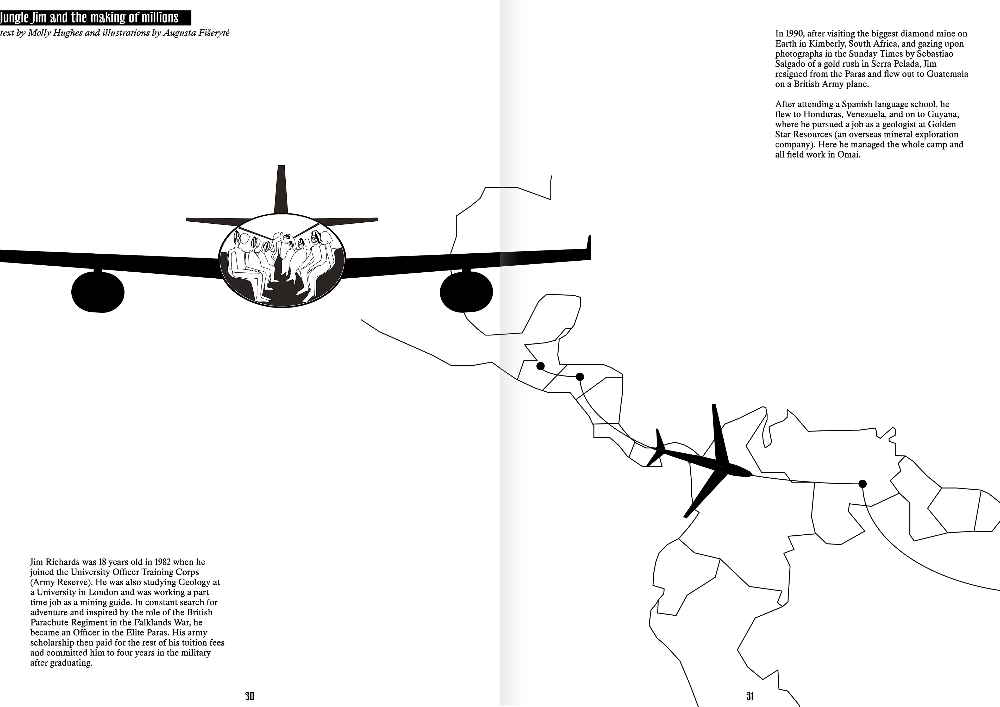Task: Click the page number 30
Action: pyautogui.click(x=249, y=696)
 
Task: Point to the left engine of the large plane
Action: pyautogui.click(x=98, y=292)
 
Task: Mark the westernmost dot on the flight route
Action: pyautogui.click(x=541, y=366)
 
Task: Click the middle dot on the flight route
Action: pyautogui.click(x=580, y=376)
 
